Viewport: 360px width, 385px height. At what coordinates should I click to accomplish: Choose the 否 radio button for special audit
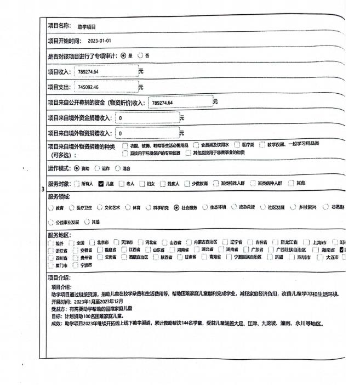141,56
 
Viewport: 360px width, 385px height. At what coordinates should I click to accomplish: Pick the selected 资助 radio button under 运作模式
76,168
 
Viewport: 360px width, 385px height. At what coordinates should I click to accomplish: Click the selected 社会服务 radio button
176,208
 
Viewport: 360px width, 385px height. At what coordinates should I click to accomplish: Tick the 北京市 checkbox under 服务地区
93,242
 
